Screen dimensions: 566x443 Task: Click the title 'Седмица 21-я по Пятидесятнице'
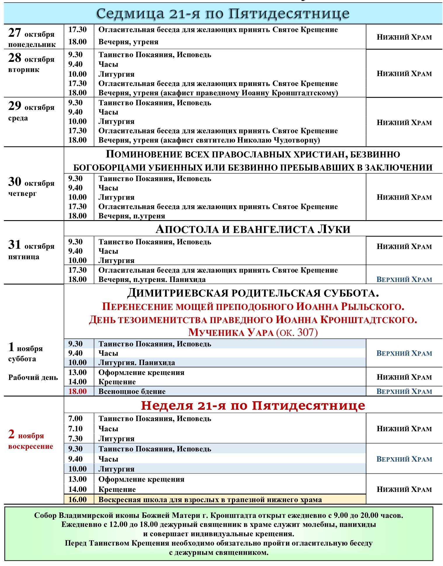(223, 13)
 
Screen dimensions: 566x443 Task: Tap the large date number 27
(15, 33)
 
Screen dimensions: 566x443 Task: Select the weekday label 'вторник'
(24, 70)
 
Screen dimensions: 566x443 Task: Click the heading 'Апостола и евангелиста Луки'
(253, 229)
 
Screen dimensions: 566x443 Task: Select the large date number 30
(15, 182)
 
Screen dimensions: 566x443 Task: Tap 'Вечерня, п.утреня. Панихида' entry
(152, 280)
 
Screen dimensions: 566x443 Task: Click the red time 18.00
(77, 391)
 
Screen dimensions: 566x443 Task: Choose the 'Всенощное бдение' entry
(132, 392)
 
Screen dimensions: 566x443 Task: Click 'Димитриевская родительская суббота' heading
(253, 293)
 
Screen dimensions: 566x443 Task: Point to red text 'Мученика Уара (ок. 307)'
(253, 332)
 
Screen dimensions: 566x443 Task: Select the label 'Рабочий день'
(33, 378)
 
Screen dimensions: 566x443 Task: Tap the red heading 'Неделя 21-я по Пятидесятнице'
(253, 406)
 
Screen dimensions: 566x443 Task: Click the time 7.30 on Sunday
(75, 439)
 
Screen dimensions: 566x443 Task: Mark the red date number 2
(11, 434)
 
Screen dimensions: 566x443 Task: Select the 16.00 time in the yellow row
(77, 500)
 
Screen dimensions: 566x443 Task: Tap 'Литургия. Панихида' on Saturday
(137, 363)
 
